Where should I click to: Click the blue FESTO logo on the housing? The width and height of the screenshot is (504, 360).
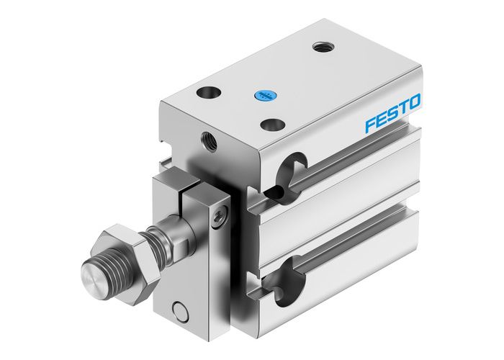pyautogui.click(x=392, y=114)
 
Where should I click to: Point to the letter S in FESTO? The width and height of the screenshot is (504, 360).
pyautogui.click(x=393, y=113)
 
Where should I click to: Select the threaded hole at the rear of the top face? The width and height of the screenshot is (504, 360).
pyautogui.click(x=321, y=48)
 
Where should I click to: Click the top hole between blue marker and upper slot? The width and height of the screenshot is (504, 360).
pyautogui.click(x=271, y=125)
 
